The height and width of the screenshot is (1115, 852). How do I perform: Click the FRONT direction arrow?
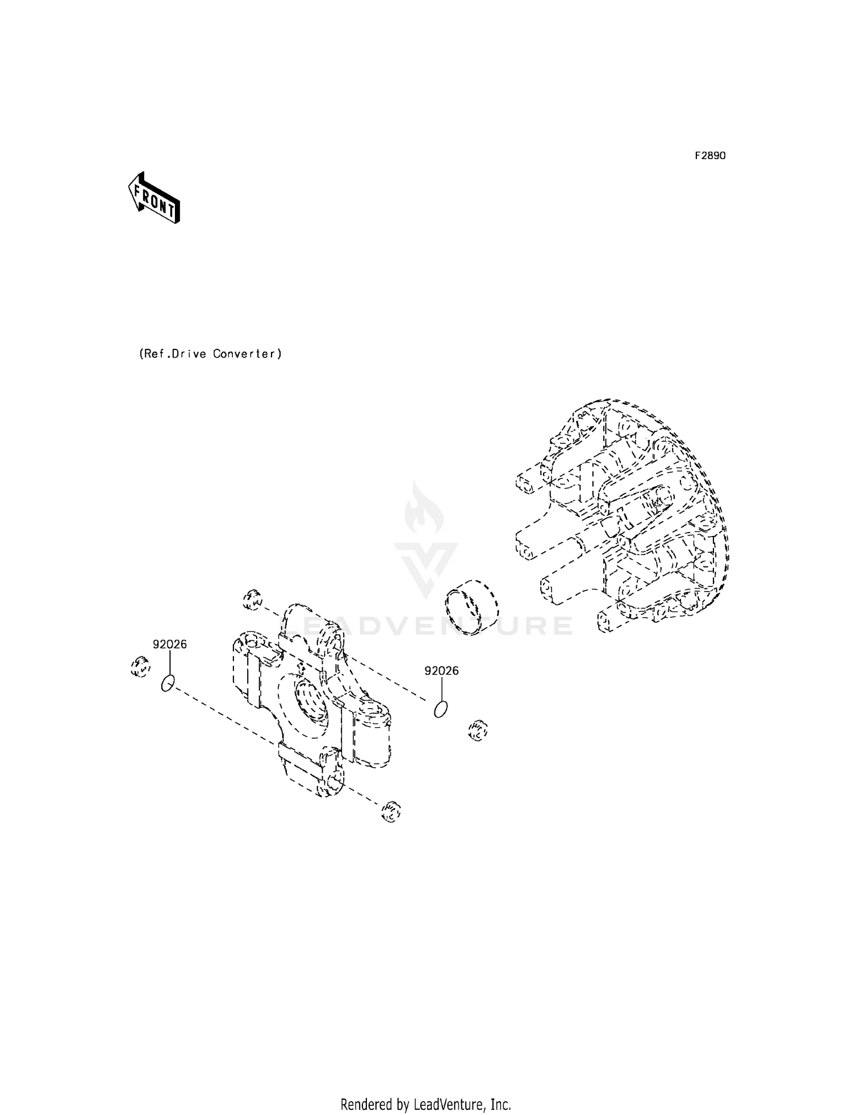point(153,198)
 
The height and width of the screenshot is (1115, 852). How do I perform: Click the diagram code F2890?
point(710,156)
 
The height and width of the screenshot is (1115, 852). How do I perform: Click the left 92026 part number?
point(169,644)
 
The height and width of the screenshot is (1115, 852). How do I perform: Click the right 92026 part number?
point(441,671)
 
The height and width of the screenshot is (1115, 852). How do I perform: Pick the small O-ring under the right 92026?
point(441,709)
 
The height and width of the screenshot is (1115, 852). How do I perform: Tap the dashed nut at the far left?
point(139,666)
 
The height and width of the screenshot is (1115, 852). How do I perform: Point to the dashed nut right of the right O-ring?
point(478,730)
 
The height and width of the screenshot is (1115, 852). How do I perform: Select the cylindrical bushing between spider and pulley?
point(471,607)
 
